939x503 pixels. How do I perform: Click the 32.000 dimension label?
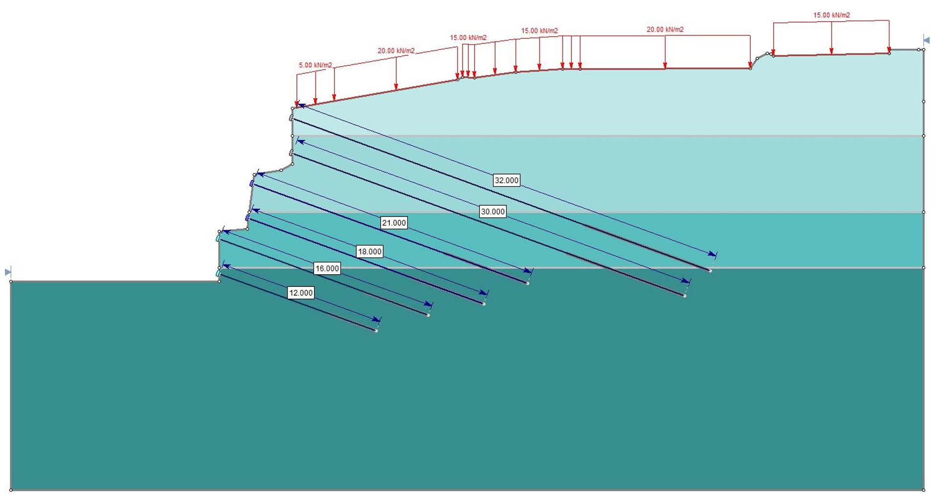click(x=506, y=180)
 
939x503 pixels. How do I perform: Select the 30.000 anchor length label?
click(x=492, y=212)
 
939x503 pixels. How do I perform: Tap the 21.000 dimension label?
click(x=394, y=223)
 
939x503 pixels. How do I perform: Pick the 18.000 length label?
click(x=370, y=252)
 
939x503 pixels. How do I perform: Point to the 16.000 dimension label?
click(x=327, y=268)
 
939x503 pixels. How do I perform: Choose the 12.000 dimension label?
click(x=301, y=293)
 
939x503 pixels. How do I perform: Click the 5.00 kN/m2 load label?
click(x=315, y=65)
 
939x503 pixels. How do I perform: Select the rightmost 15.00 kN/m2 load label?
click(x=831, y=15)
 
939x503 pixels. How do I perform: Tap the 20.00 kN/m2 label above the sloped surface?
click(x=396, y=51)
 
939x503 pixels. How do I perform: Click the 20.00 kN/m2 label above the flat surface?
click(x=665, y=30)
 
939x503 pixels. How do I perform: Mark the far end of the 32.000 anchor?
click(x=710, y=271)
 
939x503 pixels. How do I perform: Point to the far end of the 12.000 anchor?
click(x=376, y=331)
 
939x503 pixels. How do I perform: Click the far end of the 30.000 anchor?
click(x=685, y=296)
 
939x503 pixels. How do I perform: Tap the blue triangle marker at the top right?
click(x=926, y=40)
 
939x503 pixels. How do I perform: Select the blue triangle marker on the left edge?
click(x=8, y=272)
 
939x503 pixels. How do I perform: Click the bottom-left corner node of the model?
click(x=11, y=490)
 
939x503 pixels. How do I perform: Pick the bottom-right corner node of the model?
click(x=923, y=490)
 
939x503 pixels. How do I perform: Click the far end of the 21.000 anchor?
click(x=528, y=284)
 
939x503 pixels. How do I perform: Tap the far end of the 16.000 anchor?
click(x=428, y=315)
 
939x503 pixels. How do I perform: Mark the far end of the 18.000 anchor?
click(x=484, y=304)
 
